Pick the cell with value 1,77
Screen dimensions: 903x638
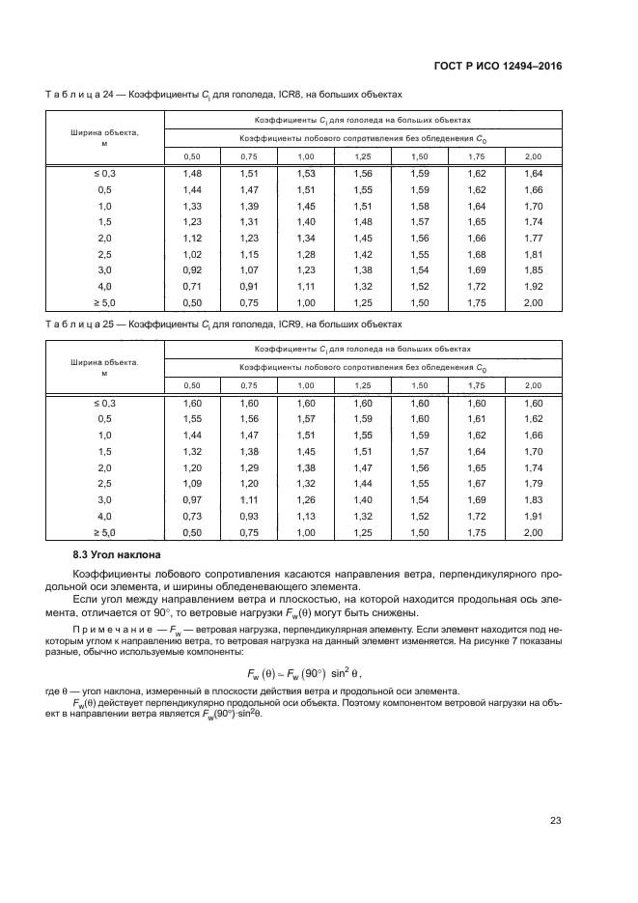coord(533,238)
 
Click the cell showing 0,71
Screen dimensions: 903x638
coord(192,287)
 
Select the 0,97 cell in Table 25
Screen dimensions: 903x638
coord(192,499)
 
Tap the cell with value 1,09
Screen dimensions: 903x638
coord(192,483)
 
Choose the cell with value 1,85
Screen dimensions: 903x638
coord(533,270)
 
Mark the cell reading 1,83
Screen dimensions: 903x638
coord(533,499)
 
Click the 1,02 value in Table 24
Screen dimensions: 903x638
coord(192,254)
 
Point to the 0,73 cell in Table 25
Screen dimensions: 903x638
coord(192,516)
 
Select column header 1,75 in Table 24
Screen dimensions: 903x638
coord(476,156)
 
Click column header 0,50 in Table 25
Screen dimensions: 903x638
coord(192,385)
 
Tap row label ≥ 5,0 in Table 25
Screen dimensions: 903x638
coord(104,532)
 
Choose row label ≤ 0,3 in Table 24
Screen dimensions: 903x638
coord(104,173)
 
